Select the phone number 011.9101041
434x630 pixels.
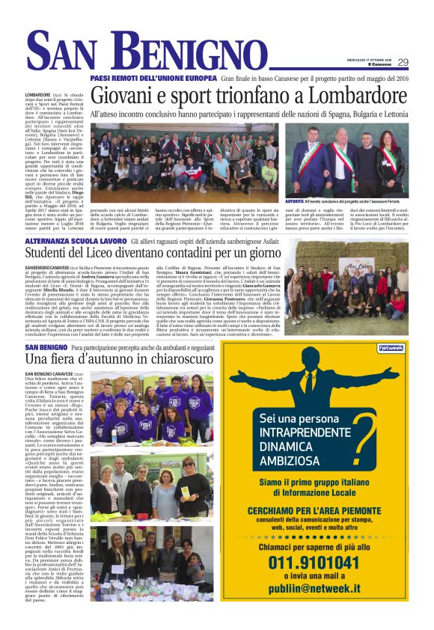pos(315,562)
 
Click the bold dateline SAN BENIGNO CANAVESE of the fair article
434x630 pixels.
pos(49,373)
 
